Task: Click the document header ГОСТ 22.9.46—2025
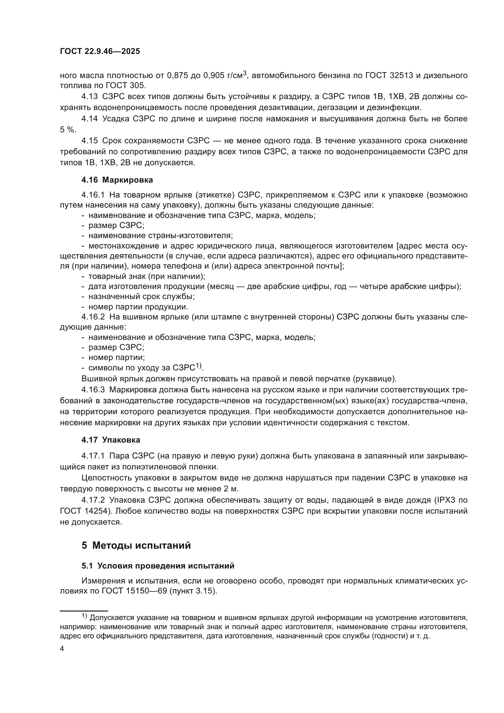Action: pos(100,52)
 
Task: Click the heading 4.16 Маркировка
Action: pos(117,180)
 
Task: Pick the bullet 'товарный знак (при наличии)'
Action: pos(147,276)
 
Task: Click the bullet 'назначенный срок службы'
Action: pos(141,296)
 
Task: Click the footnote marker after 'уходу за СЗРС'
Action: pos(199,366)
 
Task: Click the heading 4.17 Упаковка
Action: pos(111,440)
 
